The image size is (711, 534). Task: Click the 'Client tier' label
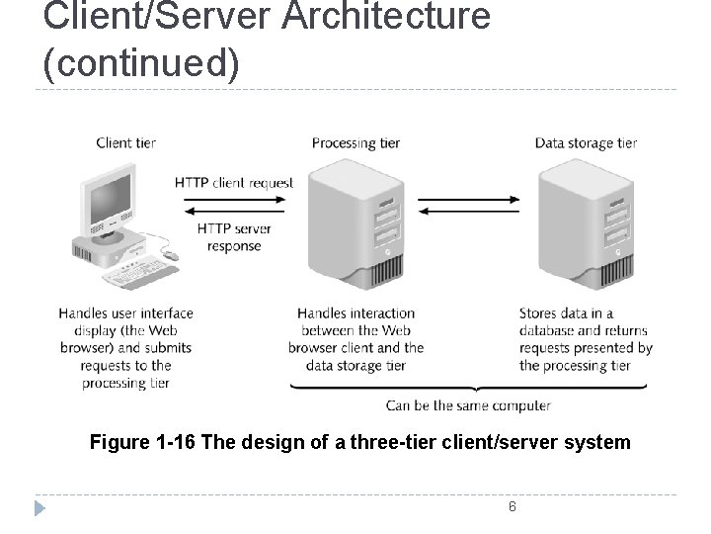click(x=125, y=142)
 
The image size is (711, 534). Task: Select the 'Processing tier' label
click(x=355, y=142)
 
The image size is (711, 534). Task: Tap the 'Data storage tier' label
click(x=586, y=142)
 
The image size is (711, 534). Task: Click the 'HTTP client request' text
click(x=234, y=183)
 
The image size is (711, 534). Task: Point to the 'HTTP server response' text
click(x=234, y=237)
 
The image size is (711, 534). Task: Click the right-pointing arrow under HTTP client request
click(x=234, y=199)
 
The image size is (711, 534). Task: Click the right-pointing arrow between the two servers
click(x=468, y=199)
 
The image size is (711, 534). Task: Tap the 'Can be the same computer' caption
click(x=468, y=405)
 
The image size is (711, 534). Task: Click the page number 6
click(x=512, y=507)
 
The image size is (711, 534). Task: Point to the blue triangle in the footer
click(x=39, y=508)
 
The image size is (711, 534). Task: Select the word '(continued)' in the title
click(x=141, y=61)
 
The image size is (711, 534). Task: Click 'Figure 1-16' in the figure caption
click(x=142, y=442)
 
